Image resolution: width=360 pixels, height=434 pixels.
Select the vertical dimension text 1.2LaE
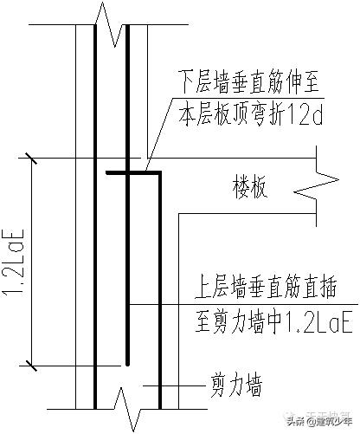pyautogui.click(x=15, y=260)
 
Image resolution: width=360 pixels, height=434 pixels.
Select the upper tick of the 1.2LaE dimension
pyautogui.click(x=32, y=158)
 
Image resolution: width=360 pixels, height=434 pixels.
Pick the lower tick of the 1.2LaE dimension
pyautogui.click(x=32, y=362)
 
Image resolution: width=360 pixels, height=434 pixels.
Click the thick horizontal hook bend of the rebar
pyautogui.click(x=134, y=174)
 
